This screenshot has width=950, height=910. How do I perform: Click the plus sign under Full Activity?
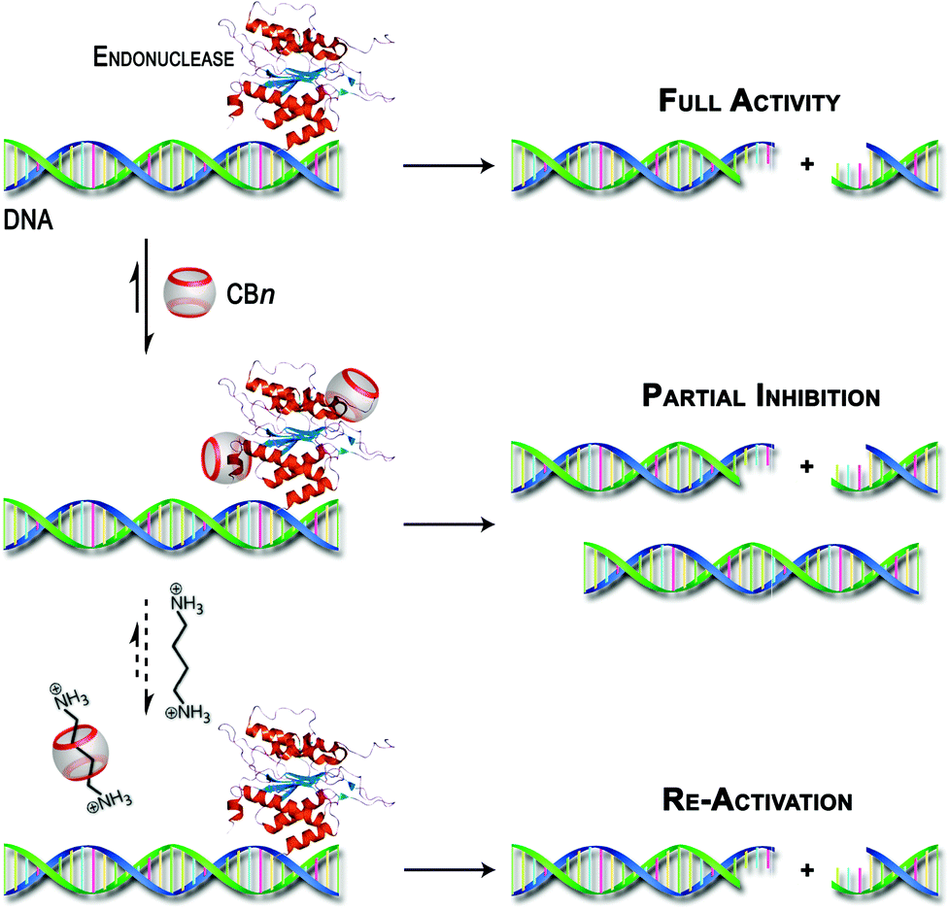point(805,164)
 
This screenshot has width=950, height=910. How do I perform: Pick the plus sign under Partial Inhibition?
point(805,467)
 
